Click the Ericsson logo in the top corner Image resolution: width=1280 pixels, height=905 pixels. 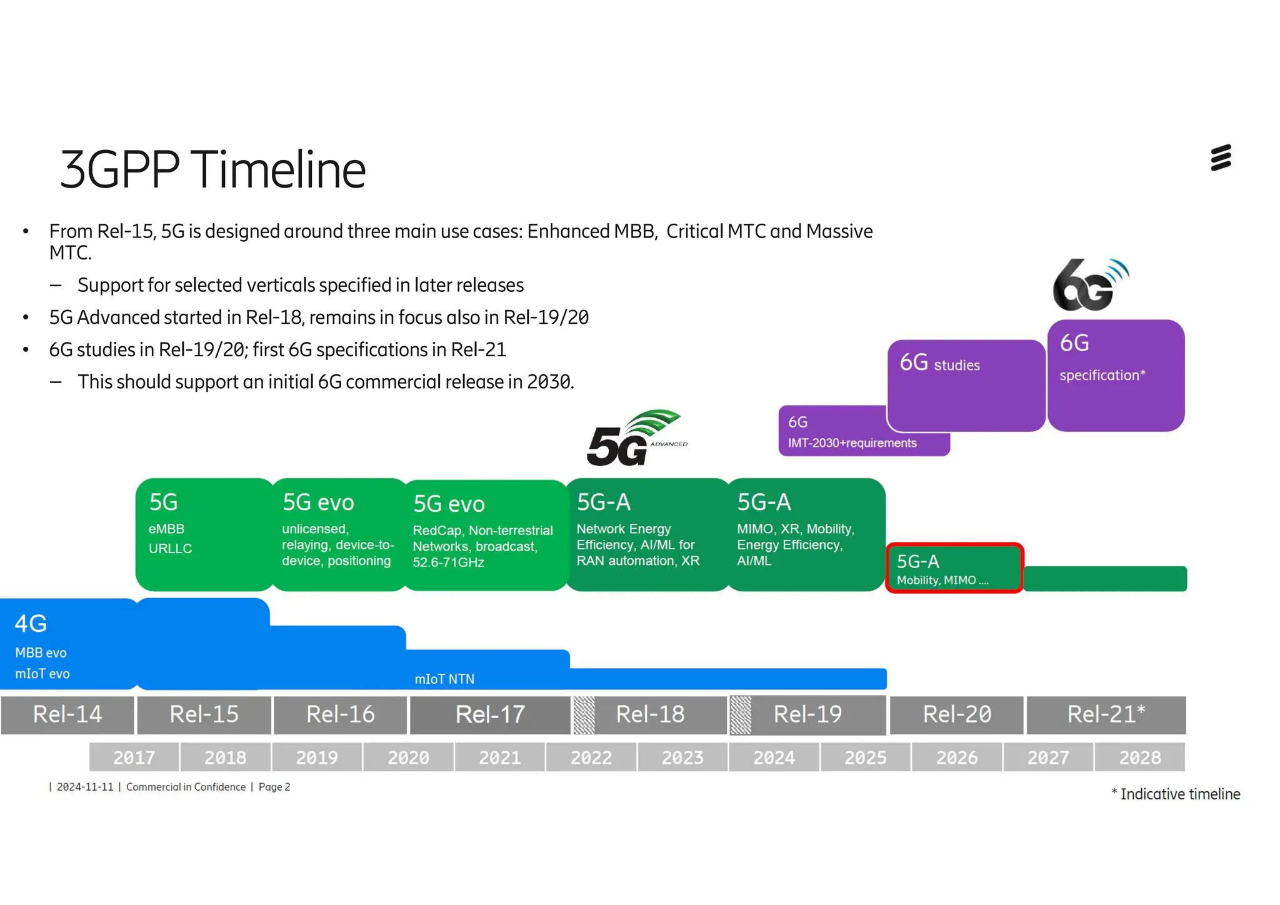1220,157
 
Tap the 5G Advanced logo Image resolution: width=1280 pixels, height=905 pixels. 636,439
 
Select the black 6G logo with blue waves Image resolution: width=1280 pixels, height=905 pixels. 1090,286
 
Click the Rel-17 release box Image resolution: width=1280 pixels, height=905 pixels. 490,714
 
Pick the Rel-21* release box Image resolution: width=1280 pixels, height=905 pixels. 1106,714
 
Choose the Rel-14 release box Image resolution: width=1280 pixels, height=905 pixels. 67,714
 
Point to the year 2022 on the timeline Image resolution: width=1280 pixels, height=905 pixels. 591,757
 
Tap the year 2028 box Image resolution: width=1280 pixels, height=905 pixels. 1139,757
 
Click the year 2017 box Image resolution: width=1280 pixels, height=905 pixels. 134,757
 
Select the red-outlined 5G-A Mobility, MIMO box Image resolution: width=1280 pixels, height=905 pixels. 954,568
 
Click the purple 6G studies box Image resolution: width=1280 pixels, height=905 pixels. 966,384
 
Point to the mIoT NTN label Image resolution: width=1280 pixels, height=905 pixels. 444,679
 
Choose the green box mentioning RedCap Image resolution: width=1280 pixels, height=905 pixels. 484,535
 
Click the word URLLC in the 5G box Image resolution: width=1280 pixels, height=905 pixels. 170,548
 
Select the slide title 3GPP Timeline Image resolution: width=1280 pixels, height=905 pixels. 212,169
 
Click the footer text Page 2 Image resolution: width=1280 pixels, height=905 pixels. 274,787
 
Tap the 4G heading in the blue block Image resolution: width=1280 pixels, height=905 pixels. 31,623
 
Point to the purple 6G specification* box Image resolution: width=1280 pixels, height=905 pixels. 1116,375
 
